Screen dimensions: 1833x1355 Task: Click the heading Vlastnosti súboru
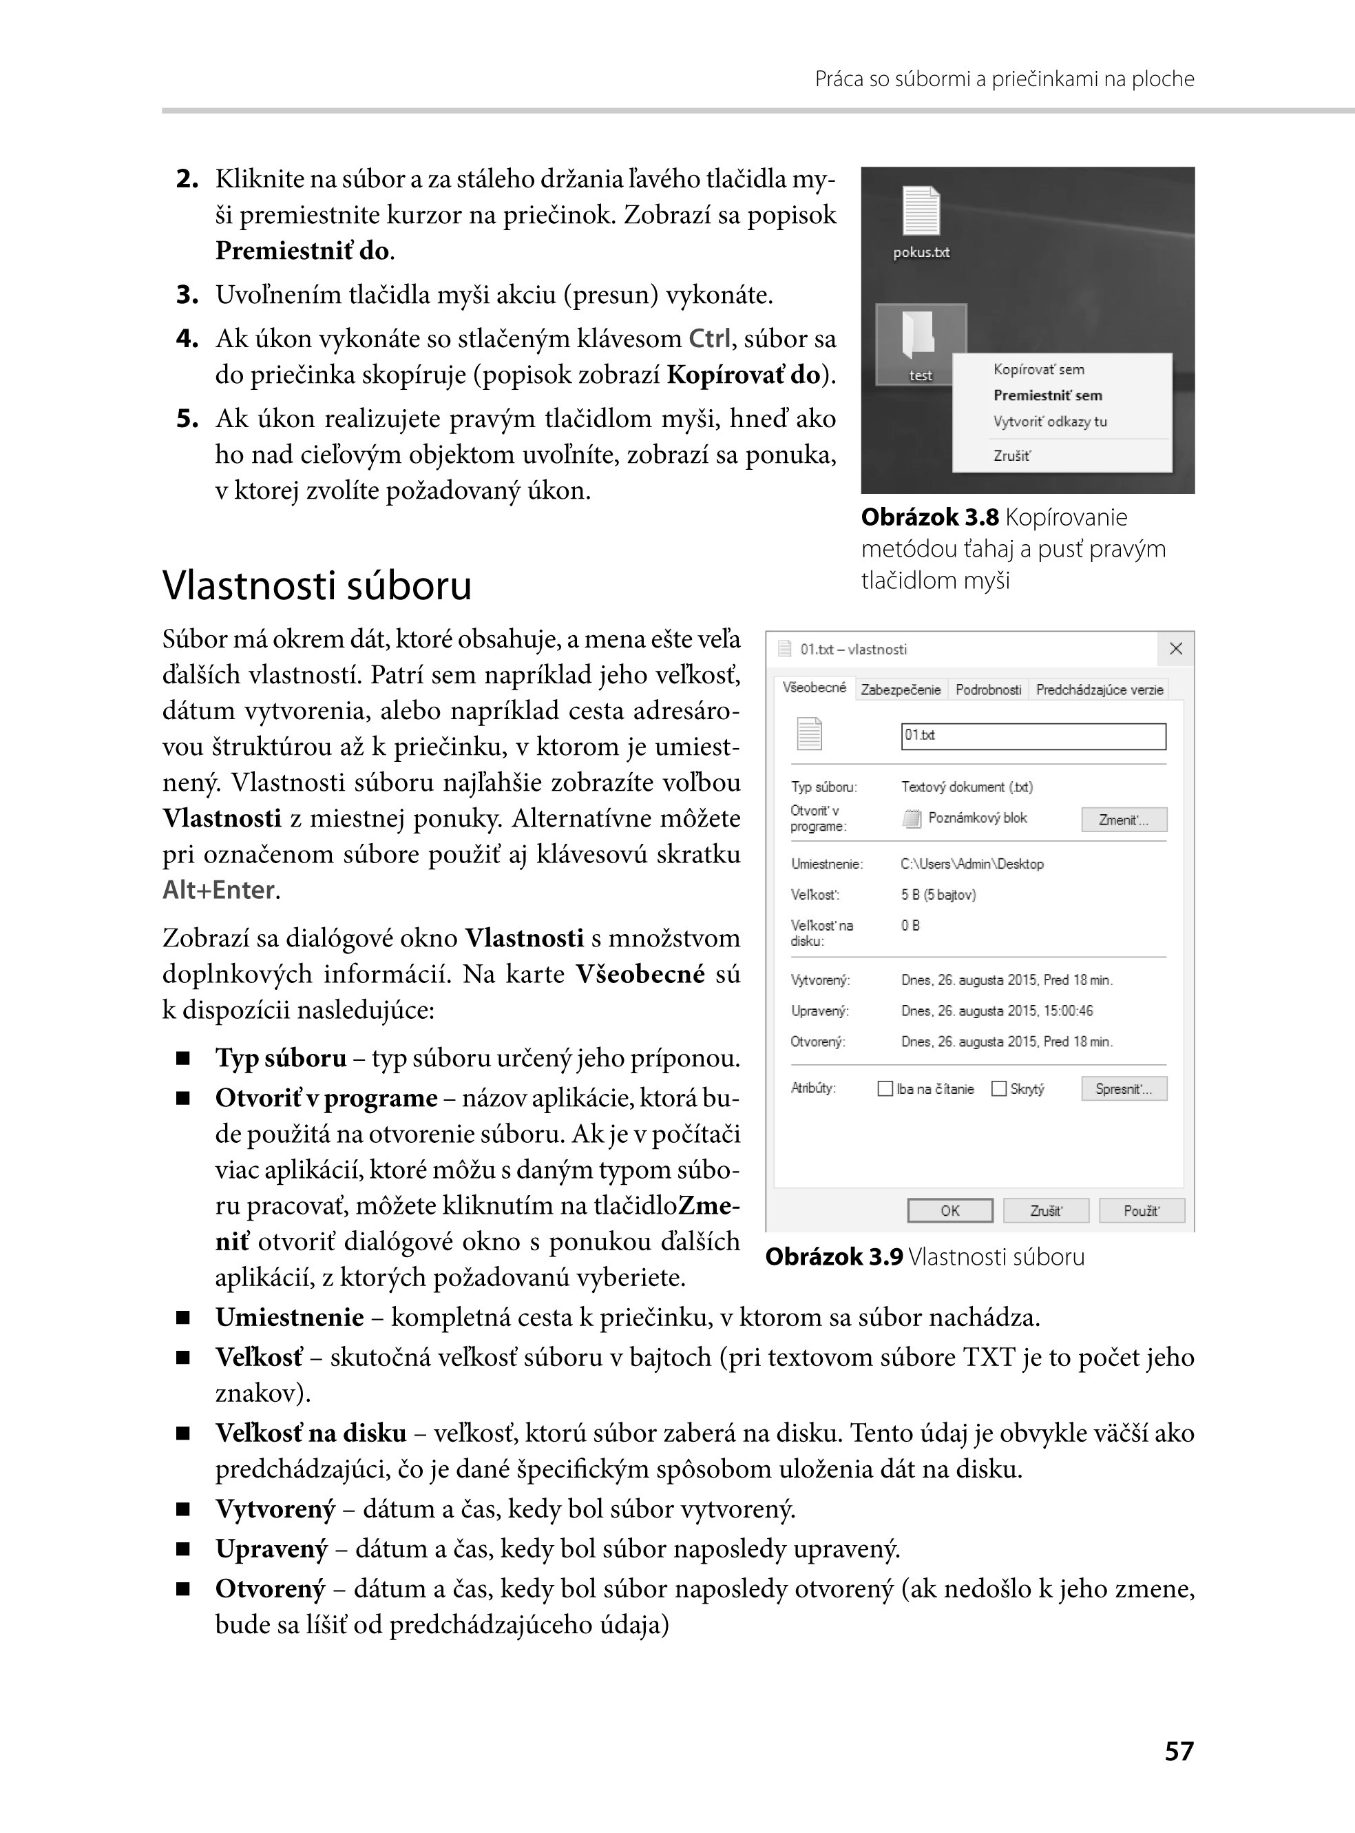click(317, 586)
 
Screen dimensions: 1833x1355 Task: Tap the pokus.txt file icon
click(921, 211)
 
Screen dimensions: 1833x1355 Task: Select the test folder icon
click(919, 335)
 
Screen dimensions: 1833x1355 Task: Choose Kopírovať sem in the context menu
click(1038, 369)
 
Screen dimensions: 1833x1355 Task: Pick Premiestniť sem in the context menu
click(1047, 395)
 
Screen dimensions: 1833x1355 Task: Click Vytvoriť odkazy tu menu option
click(1050, 422)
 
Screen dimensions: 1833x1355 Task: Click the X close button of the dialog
click(1175, 649)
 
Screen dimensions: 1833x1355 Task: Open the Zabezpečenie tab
click(901, 690)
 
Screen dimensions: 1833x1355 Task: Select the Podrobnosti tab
click(988, 690)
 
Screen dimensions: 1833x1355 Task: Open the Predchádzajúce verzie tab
click(1099, 690)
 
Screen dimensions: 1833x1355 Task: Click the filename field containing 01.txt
click(1033, 736)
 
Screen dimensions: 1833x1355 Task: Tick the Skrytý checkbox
click(999, 1089)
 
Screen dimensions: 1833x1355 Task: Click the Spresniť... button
click(1124, 1089)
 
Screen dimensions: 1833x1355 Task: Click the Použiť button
click(1141, 1211)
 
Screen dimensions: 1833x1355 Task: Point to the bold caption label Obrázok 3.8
click(929, 518)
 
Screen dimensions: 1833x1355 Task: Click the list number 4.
click(187, 339)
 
